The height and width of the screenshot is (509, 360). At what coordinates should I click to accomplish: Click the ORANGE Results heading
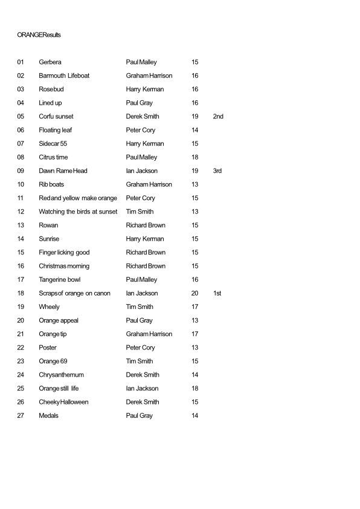click(x=39, y=35)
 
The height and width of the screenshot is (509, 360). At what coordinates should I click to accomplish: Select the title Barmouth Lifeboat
click(x=64, y=76)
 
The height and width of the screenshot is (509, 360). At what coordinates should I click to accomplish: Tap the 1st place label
click(x=217, y=293)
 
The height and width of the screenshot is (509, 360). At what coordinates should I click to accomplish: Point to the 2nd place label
click(x=218, y=116)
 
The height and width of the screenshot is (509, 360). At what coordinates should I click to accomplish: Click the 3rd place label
click(x=217, y=170)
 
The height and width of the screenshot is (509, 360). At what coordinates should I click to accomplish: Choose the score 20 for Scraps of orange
click(x=194, y=293)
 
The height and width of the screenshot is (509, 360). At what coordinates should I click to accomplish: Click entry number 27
click(x=21, y=415)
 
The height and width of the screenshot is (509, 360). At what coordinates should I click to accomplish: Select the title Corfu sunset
click(x=56, y=116)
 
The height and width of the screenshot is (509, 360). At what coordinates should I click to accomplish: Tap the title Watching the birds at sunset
click(x=78, y=212)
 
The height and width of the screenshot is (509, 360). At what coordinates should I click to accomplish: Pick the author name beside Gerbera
click(x=141, y=62)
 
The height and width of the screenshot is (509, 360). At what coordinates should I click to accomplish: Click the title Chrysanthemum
click(x=61, y=375)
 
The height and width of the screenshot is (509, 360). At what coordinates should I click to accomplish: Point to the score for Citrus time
click(x=194, y=157)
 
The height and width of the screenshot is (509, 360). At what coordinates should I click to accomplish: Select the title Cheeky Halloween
click(x=63, y=402)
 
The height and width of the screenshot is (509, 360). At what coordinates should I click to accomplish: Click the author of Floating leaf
click(x=141, y=130)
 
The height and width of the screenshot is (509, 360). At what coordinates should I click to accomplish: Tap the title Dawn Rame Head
click(x=63, y=170)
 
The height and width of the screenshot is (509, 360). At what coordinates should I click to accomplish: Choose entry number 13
click(x=21, y=225)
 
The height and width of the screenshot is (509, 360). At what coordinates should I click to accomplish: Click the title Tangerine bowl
click(x=59, y=279)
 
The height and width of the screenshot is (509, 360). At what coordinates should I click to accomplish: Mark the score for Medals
click(x=194, y=415)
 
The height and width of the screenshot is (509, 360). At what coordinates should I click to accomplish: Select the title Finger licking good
click(x=64, y=252)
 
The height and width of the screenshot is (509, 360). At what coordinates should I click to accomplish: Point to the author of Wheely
click(x=140, y=306)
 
